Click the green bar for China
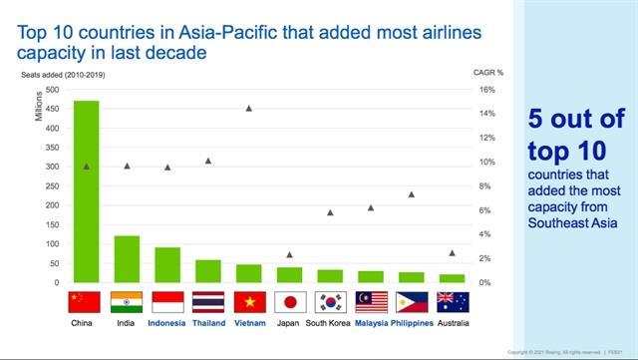click(x=86, y=191)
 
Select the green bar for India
click(x=127, y=259)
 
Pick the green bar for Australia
click(x=452, y=278)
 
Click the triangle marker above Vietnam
click(x=249, y=108)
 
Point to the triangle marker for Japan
click(x=289, y=255)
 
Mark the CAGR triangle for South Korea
click(x=330, y=212)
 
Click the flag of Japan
click(x=289, y=302)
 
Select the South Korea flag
click(x=330, y=302)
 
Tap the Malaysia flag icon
click(x=371, y=302)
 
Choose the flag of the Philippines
click(x=411, y=302)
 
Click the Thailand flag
click(x=208, y=302)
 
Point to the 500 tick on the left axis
click(x=52, y=90)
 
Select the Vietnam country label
click(x=249, y=323)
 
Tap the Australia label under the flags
click(x=452, y=323)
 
